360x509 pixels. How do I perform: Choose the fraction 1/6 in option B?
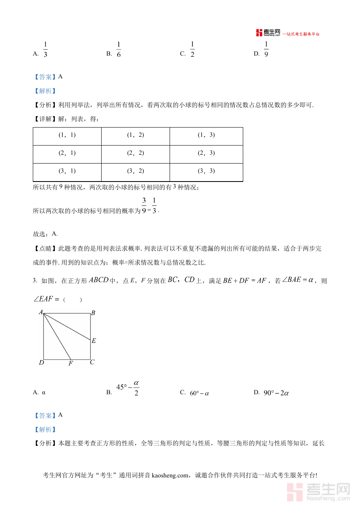(x=119, y=50)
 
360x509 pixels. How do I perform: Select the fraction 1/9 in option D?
(x=266, y=50)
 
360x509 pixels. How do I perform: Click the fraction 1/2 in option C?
(x=192, y=50)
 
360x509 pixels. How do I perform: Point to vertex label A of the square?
(x=41, y=312)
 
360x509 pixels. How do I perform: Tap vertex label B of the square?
(x=93, y=313)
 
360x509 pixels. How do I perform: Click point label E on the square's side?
(x=94, y=341)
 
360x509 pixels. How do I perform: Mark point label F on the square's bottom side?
(x=70, y=363)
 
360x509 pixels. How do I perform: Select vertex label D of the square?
(x=41, y=363)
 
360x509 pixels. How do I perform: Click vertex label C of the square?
(x=92, y=362)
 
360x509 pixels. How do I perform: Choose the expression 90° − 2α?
(x=276, y=393)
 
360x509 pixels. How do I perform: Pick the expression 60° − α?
(x=199, y=393)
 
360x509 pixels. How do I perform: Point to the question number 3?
(x=35, y=281)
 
